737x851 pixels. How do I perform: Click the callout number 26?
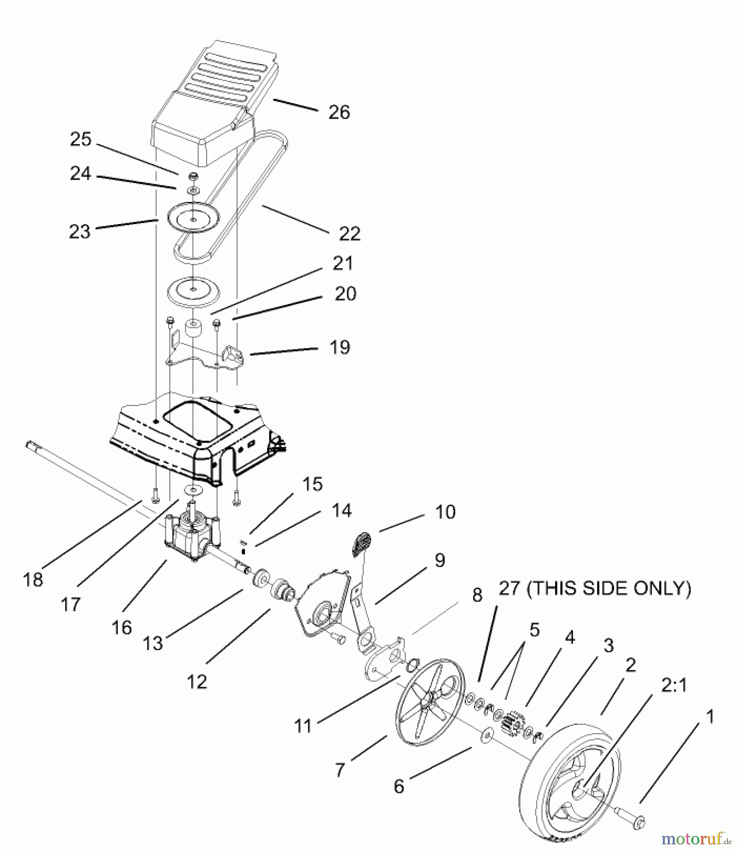pos(339,113)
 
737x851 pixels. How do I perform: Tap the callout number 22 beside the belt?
pos(349,234)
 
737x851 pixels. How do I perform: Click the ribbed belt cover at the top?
pos(215,90)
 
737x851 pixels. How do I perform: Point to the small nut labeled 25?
pos(193,177)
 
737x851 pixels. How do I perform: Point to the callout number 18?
pos(33,580)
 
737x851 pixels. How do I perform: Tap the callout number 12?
pos(197,682)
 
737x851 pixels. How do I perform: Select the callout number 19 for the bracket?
pos(339,347)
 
